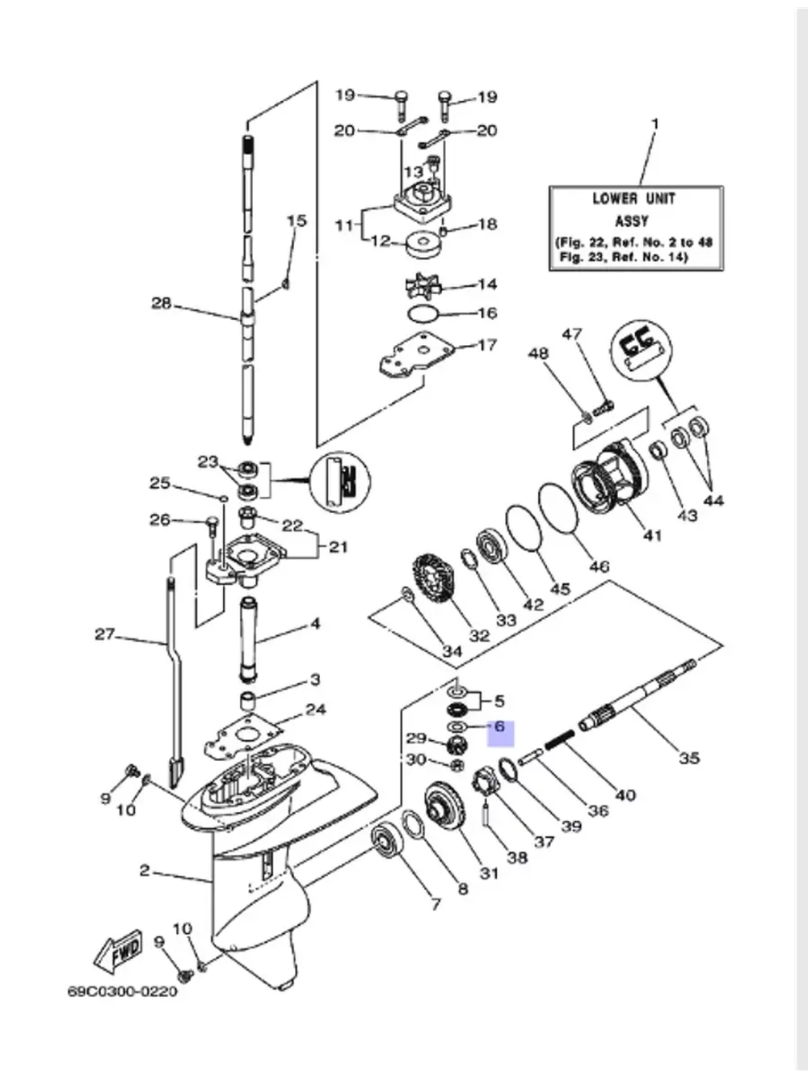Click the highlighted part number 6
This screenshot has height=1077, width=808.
coord(499,727)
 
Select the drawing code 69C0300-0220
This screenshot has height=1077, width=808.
coord(122,991)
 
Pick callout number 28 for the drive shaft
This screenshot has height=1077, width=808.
coord(162,304)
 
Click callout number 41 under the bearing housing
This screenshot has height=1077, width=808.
coord(651,534)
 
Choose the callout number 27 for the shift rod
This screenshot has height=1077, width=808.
coord(105,634)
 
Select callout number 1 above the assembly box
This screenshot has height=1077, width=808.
coord(655,124)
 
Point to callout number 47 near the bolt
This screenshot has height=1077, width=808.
coord(572,334)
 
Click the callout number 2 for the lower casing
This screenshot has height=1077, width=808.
coord(145,870)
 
